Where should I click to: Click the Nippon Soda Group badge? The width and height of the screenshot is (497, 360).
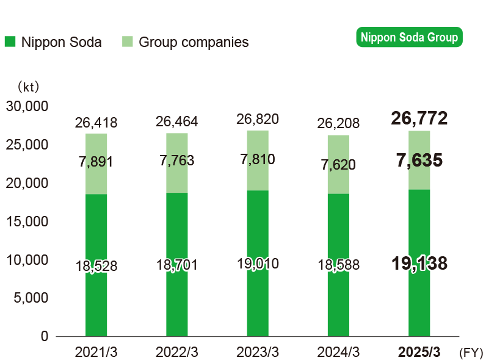[x=409, y=38]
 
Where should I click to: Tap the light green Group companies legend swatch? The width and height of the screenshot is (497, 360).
[x=126, y=42]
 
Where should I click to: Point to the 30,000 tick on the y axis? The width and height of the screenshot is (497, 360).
[x=27, y=106]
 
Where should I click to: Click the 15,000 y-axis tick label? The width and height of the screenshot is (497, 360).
[x=27, y=221]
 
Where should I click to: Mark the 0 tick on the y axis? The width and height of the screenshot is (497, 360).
[x=43, y=336]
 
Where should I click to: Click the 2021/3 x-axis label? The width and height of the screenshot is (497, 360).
[x=96, y=353]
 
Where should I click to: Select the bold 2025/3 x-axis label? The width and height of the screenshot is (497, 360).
[x=419, y=353]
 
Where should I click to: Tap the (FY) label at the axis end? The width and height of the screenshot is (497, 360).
[x=470, y=353]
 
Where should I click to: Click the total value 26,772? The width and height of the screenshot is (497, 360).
[x=419, y=118]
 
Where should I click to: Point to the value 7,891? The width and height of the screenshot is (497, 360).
[x=96, y=162]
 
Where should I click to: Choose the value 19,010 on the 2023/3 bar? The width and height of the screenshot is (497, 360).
[x=257, y=264]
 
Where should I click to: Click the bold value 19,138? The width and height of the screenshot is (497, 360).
[x=419, y=264]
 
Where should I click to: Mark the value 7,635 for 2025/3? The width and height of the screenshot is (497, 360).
[x=419, y=161]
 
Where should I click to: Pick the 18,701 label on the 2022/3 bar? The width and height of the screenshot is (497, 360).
[x=176, y=265]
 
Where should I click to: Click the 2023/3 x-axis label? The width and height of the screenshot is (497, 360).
[x=257, y=353]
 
